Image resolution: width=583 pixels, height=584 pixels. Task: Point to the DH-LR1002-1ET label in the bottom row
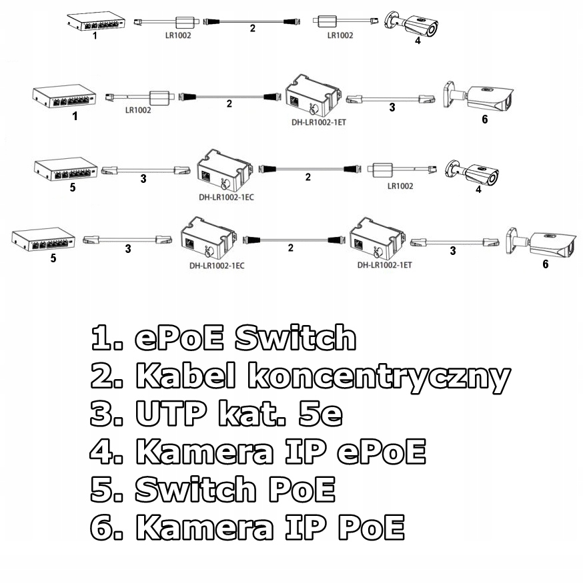384,265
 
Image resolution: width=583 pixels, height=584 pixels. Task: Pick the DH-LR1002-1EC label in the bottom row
217,265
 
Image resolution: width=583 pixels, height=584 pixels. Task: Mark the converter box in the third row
224,171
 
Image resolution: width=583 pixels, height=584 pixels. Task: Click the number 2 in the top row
253,29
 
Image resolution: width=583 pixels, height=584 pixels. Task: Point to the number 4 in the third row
478,190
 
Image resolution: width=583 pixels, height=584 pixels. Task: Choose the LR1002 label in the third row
400,186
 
